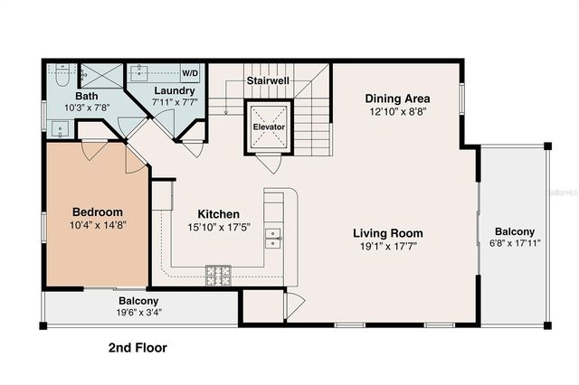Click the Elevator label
(269, 127)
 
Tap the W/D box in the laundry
(190, 73)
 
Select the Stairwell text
(268, 80)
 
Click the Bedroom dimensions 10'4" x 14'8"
(99, 225)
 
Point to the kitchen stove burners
(218, 275)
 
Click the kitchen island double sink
(273, 239)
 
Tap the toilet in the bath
(62, 75)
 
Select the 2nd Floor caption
(138, 347)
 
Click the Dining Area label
(397, 99)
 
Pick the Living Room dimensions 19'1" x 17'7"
(388, 246)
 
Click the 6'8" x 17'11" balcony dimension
(515, 243)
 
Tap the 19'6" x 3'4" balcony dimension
(139, 313)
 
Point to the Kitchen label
(218, 214)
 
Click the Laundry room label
(175, 90)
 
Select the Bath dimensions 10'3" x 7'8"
(87, 108)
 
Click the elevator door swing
(269, 164)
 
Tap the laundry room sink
(140, 72)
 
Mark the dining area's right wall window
(461, 99)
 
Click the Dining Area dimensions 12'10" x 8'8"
(398, 111)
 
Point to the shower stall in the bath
(101, 76)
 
